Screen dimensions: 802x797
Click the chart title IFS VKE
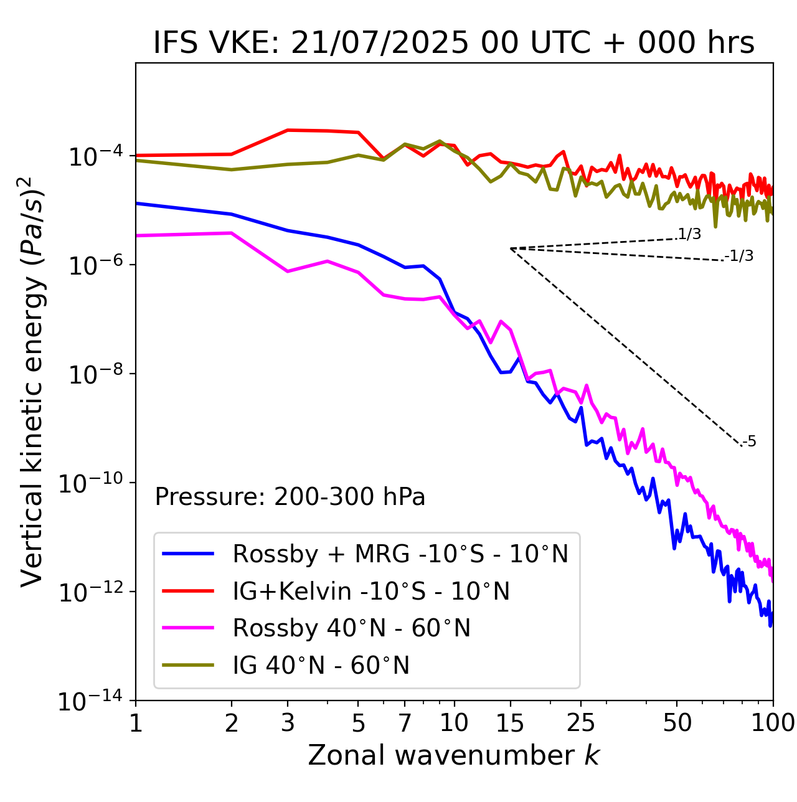(454, 43)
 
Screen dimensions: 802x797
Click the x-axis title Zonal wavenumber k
(454, 755)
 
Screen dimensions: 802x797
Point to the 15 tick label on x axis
(510, 723)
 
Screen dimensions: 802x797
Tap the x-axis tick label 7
(405, 723)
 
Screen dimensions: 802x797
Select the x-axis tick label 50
(677, 723)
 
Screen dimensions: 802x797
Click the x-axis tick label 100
(773, 723)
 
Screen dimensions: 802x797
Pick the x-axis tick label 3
(288, 723)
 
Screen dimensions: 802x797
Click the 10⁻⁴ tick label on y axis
(94, 156)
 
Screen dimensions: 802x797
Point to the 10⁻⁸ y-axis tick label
(94, 374)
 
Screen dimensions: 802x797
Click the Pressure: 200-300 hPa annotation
(290, 497)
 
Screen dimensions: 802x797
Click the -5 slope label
(750, 441)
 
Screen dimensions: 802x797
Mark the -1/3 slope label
(740, 256)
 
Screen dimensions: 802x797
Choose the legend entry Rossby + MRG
(400, 554)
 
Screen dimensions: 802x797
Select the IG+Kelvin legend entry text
(371, 591)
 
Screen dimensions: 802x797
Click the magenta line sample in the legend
(188, 628)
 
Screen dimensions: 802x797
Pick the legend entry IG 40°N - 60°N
(321, 665)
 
